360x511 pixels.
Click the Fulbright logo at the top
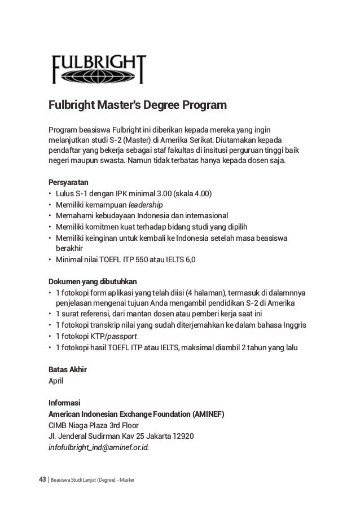pos(98,69)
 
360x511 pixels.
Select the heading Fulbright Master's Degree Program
pos(138,106)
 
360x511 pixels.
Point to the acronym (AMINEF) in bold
pos(208,414)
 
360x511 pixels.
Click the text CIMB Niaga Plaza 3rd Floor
pos(93,425)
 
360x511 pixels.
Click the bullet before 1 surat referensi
pos(51,314)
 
